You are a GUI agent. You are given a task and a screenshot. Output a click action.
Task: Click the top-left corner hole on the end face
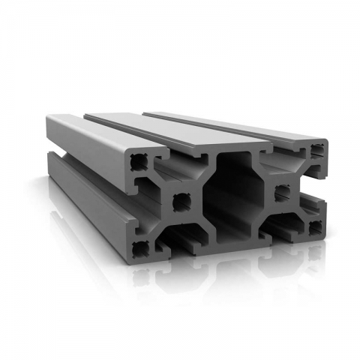139,162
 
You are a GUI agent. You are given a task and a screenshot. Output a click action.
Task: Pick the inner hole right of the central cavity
282,193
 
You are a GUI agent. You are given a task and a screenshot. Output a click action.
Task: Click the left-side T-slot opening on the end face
142,202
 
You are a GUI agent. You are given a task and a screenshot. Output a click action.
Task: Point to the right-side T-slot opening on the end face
316,187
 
